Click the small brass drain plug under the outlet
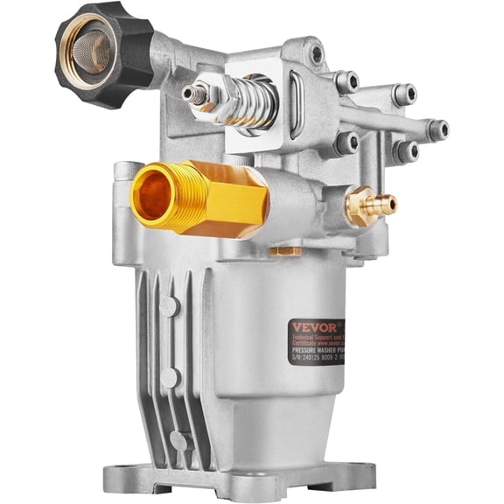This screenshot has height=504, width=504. point(285,252)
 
